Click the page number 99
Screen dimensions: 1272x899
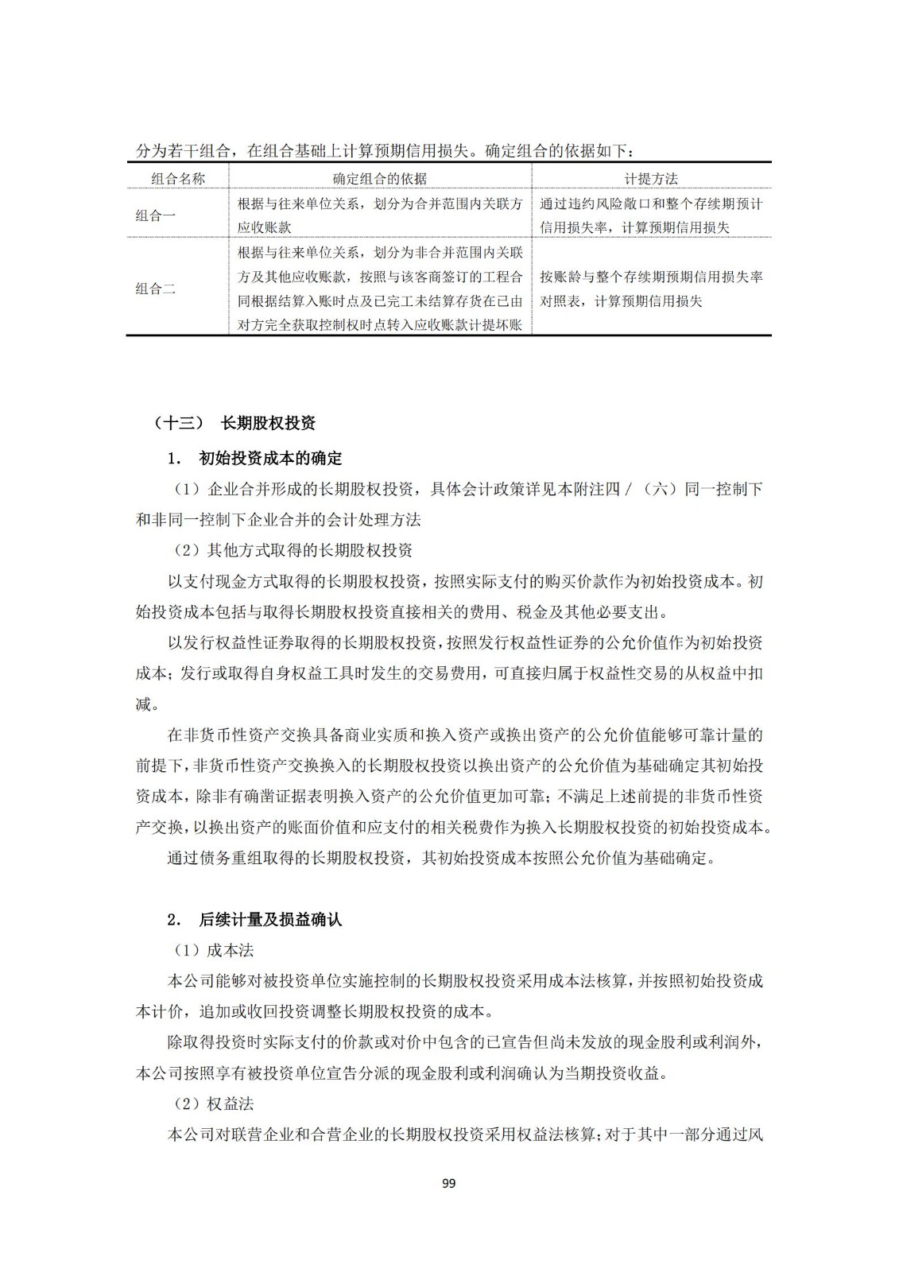tap(448, 1184)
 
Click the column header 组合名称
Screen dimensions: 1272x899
tap(178, 179)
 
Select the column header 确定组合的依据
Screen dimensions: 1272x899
tap(379, 179)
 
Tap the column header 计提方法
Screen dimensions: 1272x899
tap(651, 179)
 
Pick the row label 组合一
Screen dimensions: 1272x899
tap(156, 215)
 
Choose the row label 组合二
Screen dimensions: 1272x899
tap(156, 289)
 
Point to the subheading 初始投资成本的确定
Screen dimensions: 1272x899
tap(269, 459)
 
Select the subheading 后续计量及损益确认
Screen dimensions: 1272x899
tap(269, 920)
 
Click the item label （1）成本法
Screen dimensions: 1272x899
tap(214, 951)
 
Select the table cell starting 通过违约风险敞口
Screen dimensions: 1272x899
tap(651, 215)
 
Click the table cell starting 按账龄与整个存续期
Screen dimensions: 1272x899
tap(651, 289)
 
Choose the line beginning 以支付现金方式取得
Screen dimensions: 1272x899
tap(465, 581)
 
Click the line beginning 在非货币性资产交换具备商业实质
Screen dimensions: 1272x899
tap(465, 735)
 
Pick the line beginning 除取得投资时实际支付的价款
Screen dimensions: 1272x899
tap(465, 1042)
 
